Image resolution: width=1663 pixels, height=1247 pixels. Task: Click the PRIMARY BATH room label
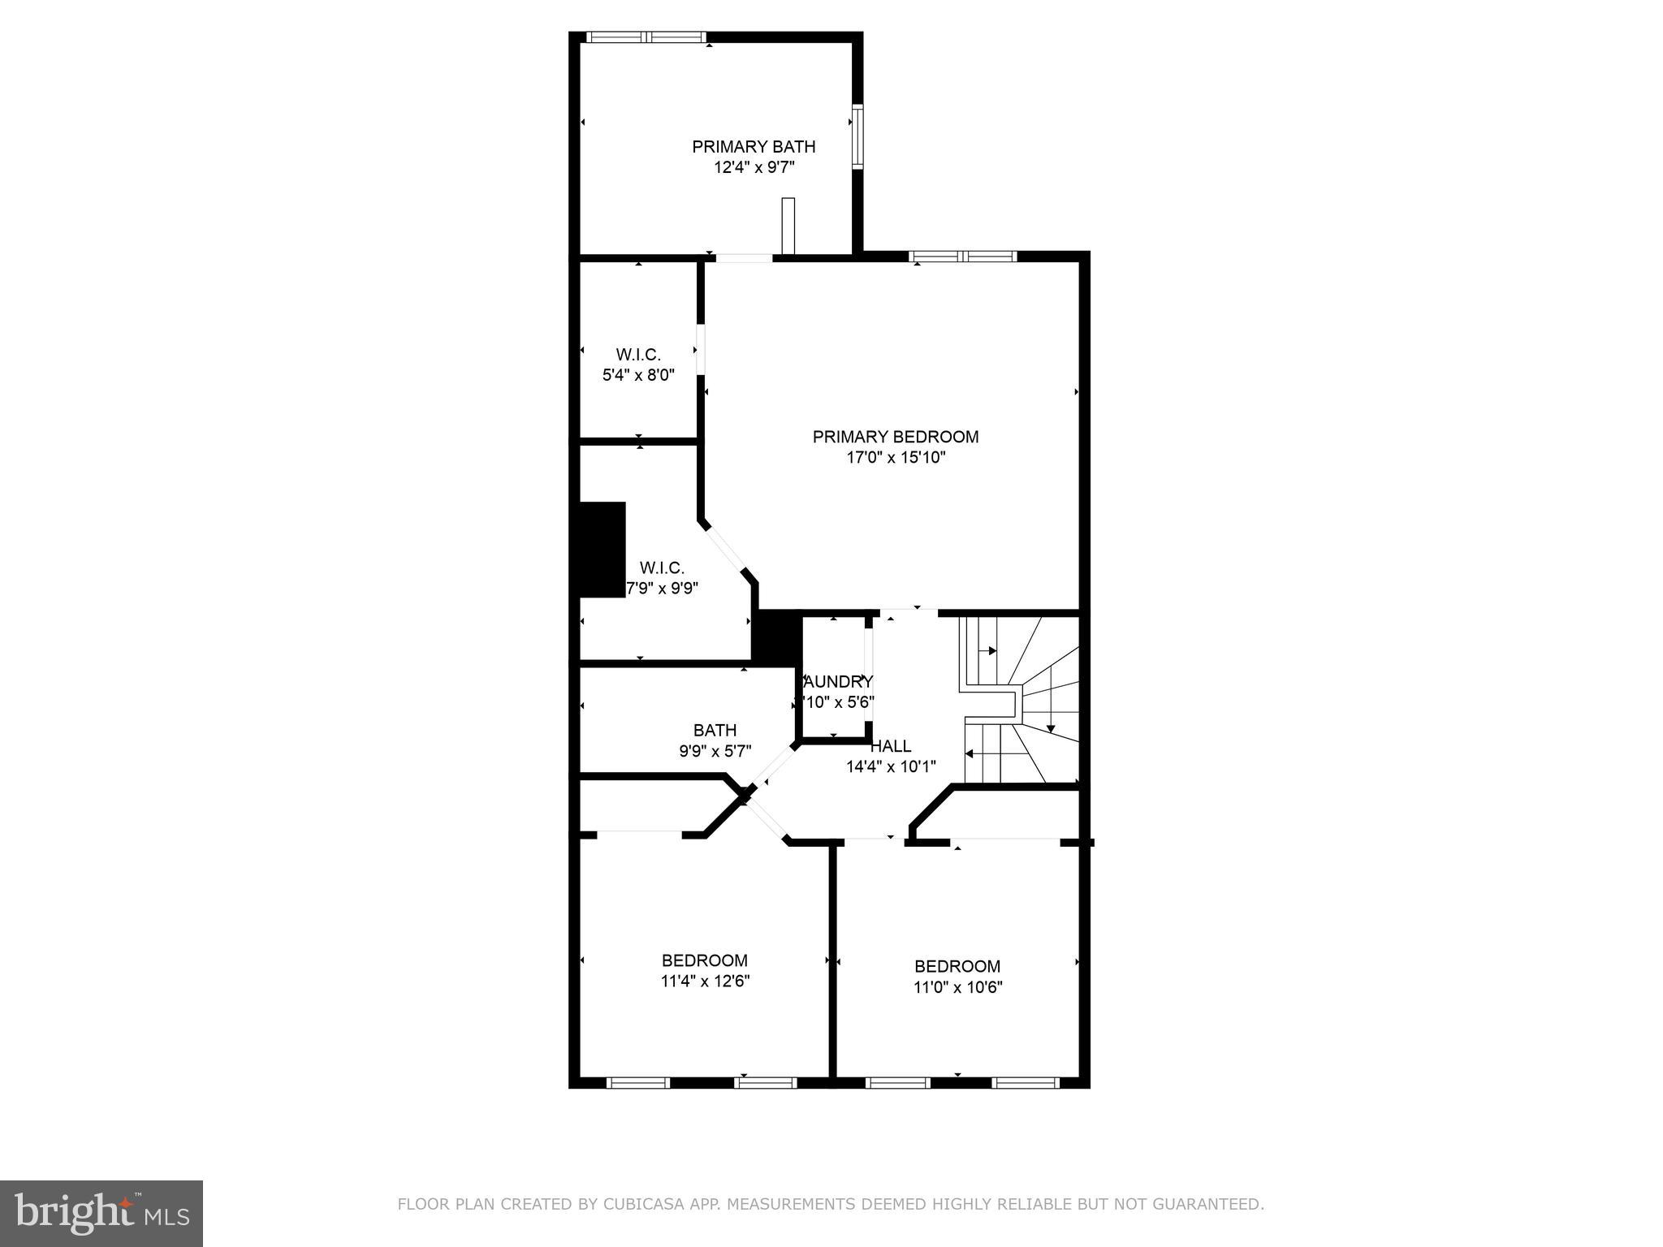tap(753, 147)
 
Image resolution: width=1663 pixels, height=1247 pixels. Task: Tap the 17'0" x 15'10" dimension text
tap(896, 458)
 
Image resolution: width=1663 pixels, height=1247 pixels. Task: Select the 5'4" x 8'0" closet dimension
tap(638, 375)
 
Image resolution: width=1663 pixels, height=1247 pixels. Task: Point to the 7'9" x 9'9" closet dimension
tap(661, 588)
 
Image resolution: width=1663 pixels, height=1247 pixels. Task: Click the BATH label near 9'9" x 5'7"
tap(715, 731)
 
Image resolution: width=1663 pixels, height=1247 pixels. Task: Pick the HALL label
tap(891, 746)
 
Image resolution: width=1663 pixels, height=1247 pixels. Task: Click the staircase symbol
tap(1020, 700)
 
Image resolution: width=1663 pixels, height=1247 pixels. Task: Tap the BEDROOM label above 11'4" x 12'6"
tap(704, 960)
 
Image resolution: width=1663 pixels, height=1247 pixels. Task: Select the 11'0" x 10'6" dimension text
tap(957, 988)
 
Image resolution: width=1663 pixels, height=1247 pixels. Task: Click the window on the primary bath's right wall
tap(857, 137)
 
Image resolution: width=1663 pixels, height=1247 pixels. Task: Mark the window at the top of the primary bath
tap(646, 37)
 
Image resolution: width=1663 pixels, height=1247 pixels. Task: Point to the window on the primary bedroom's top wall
tap(962, 257)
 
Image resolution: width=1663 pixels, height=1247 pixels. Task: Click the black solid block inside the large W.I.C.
tap(602, 550)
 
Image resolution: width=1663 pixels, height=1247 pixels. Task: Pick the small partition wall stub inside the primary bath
tap(787, 226)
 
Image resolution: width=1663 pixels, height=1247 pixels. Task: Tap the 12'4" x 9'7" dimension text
tap(753, 168)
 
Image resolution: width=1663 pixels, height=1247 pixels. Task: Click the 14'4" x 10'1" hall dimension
tap(891, 766)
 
